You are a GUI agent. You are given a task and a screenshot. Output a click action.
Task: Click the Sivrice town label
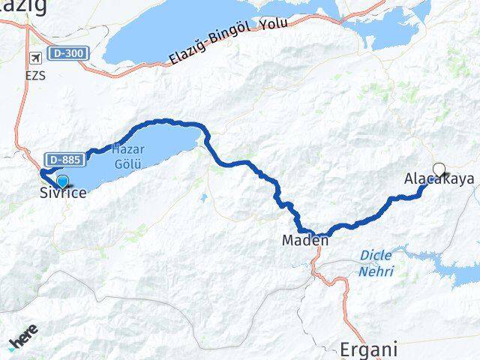(63, 193)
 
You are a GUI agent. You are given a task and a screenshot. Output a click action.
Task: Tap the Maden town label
(304, 241)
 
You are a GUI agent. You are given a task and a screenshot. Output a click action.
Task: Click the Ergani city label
(368, 349)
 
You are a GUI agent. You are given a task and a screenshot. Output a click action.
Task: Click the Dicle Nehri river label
(376, 263)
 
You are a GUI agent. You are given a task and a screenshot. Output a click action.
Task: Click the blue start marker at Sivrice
(62, 181)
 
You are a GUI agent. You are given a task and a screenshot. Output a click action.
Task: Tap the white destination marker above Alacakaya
(439, 169)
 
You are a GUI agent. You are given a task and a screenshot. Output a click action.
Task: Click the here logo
(22, 341)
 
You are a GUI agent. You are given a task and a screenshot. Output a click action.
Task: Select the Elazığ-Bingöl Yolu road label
(218, 43)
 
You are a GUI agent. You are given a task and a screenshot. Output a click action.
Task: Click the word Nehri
(376, 271)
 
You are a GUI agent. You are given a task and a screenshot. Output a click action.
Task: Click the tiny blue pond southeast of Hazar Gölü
(203, 199)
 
